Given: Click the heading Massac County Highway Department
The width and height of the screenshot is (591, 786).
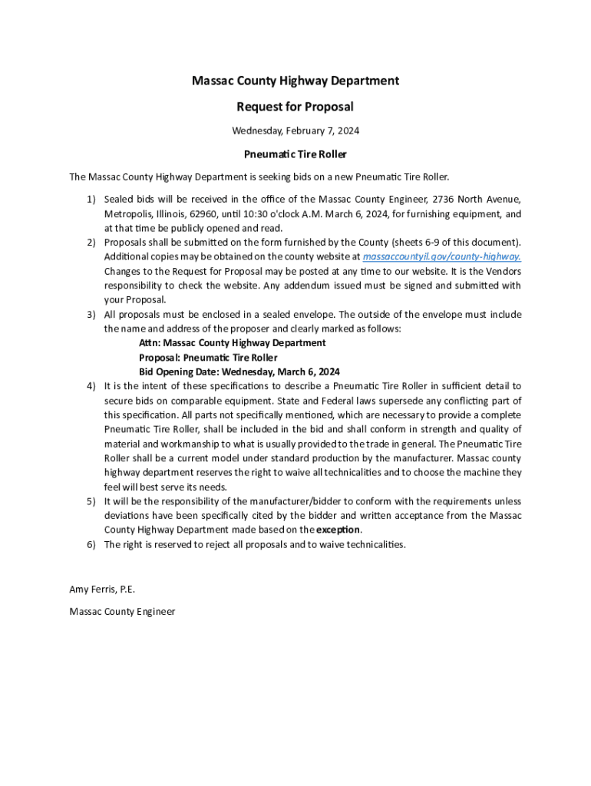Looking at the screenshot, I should (x=295, y=81).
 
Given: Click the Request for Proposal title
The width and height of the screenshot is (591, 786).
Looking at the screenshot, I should (x=295, y=107).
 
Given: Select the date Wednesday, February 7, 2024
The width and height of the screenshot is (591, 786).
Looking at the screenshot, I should (x=295, y=130).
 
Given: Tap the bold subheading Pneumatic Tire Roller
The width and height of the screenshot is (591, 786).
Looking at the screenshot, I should (x=295, y=154).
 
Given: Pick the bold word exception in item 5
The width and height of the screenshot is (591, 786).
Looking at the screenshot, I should (x=338, y=530).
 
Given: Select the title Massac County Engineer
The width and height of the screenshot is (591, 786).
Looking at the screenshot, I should (x=122, y=612).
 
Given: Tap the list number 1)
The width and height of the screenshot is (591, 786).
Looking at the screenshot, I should (x=91, y=200).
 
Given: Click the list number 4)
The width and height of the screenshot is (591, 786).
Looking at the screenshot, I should (x=91, y=386).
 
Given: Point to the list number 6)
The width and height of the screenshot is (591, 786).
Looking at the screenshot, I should (x=91, y=544).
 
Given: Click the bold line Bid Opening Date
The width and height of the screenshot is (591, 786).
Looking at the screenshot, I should (x=239, y=372).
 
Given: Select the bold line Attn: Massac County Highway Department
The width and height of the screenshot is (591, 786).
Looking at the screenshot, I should (x=233, y=343).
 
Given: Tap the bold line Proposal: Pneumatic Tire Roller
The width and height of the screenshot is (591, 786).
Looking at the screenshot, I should (x=208, y=358).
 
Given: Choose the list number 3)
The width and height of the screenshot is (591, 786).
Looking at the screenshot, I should (x=91, y=315).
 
